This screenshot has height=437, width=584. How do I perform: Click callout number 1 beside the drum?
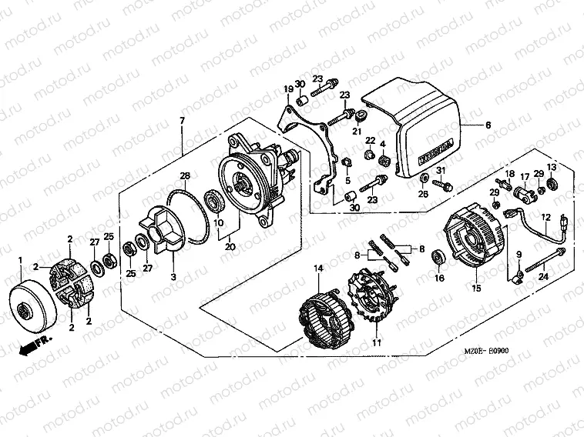tap(21, 262)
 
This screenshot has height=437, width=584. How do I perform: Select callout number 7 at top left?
tap(182, 122)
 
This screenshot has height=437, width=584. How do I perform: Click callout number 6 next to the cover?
tap(487, 125)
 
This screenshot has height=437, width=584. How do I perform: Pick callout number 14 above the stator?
tap(316, 267)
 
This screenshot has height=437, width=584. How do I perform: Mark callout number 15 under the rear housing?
tap(475, 288)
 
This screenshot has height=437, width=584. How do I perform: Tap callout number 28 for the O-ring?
tap(185, 175)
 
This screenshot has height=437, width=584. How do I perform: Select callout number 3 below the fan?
tap(173, 276)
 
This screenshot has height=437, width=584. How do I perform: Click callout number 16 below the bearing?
tap(441, 278)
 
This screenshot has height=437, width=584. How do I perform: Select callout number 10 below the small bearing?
tap(218, 223)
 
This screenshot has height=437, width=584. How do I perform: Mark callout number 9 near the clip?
tap(518, 255)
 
